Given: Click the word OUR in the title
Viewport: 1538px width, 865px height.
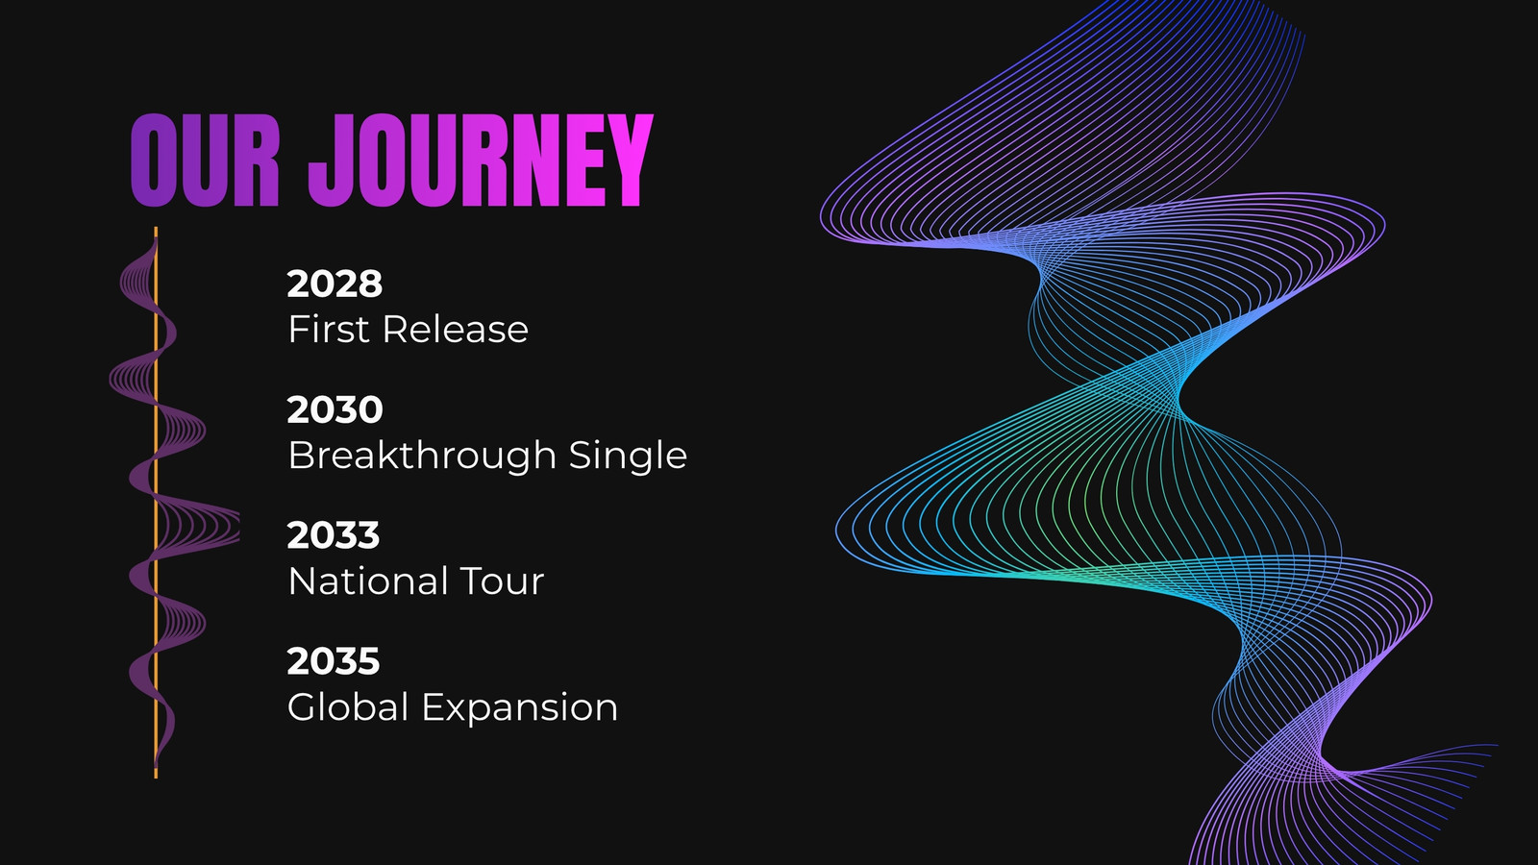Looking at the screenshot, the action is tap(205, 161).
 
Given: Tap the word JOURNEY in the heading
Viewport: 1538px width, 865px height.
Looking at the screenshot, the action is tap(481, 161).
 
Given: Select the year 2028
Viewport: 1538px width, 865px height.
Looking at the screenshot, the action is tap(335, 284).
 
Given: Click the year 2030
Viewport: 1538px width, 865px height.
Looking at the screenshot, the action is tap(335, 409).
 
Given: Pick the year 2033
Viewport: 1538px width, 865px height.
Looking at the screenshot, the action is tap(333, 534).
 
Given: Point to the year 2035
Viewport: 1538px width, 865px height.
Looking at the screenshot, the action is tap(333, 661).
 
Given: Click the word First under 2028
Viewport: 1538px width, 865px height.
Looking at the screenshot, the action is tap(329, 329).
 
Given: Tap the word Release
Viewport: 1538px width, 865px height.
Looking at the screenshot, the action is tap(456, 329).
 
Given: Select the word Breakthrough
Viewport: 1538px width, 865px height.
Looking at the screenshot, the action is tap(422, 455).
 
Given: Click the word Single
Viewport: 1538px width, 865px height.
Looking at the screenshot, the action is tap(628, 455).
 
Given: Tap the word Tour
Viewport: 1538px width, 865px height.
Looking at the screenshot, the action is tap(502, 581).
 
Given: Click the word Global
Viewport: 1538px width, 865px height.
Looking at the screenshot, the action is tap(348, 706).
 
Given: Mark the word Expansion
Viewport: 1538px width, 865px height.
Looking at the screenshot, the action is tap(520, 707).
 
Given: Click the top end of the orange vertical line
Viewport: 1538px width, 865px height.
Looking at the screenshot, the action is tap(156, 228).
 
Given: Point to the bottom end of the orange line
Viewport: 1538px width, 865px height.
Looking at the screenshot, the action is tap(156, 778).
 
